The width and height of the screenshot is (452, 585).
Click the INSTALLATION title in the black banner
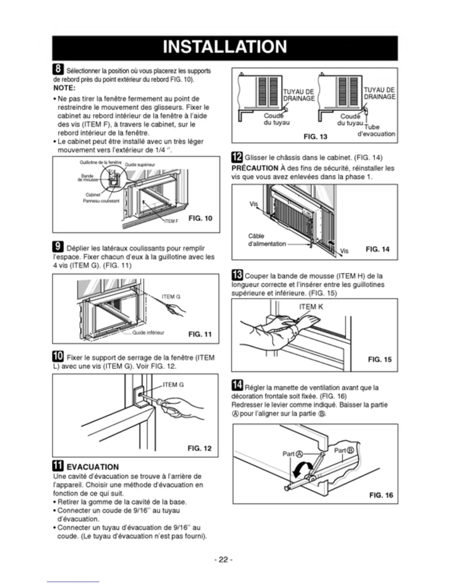(x=225, y=47)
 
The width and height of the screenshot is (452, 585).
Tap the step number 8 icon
(x=58, y=69)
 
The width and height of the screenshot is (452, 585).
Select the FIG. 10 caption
(x=200, y=218)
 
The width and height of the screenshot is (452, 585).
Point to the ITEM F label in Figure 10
(x=171, y=221)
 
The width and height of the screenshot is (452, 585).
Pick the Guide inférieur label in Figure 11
(x=148, y=332)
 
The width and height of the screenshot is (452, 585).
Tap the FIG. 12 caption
(x=199, y=448)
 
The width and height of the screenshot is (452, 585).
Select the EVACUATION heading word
(x=93, y=467)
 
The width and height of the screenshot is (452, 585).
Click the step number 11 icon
(x=58, y=466)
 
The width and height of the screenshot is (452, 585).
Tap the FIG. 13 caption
(x=315, y=137)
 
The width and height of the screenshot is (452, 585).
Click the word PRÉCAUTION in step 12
(x=255, y=168)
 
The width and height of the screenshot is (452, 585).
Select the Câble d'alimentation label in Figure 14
(x=267, y=240)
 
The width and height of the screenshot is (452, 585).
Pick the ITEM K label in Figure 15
(x=311, y=307)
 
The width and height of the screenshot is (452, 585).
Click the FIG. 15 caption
(x=380, y=359)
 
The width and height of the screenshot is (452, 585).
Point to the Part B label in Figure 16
(x=344, y=450)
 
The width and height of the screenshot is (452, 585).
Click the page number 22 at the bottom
(x=223, y=560)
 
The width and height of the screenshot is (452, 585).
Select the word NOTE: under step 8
(x=64, y=88)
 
